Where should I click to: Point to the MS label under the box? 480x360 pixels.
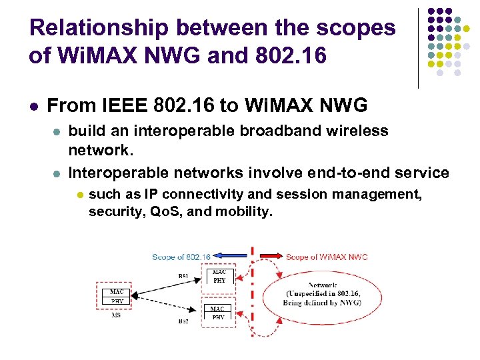click(x=116, y=315)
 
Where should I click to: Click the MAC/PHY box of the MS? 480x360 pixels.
click(x=117, y=297)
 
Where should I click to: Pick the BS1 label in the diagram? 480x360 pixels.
click(x=183, y=275)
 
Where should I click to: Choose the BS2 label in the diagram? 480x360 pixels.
click(x=183, y=321)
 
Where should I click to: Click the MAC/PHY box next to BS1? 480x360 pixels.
click(x=218, y=276)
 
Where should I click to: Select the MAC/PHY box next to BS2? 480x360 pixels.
click(x=218, y=313)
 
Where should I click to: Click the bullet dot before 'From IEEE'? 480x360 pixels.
click(x=33, y=106)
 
